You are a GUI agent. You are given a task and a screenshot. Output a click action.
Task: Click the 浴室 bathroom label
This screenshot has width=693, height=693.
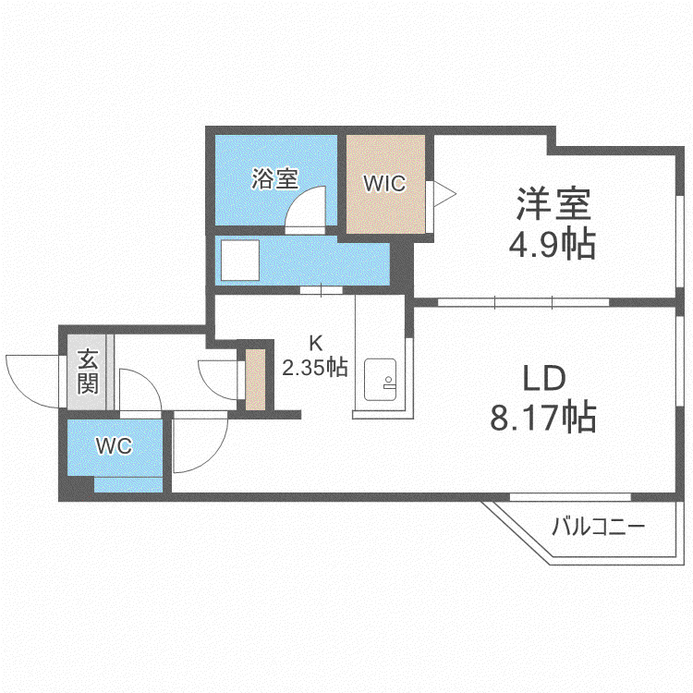point(275,179)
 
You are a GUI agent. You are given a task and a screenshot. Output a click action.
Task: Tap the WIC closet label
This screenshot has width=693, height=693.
point(384,184)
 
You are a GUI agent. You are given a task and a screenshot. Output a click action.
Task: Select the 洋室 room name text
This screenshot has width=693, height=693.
point(553,204)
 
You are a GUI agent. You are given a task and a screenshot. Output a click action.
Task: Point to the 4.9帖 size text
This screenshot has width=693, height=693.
point(553,244)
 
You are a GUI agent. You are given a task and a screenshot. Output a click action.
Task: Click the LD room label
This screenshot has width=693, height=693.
point(544,378)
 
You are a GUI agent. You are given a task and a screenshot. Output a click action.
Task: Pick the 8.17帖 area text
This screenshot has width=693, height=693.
point(543,417)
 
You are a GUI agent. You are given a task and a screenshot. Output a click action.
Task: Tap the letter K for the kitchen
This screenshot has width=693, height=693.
point(315,343)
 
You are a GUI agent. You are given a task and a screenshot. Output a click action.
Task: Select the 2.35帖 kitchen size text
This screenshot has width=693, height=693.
point(315,367)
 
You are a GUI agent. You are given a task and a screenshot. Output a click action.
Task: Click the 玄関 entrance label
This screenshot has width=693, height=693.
point(88,371)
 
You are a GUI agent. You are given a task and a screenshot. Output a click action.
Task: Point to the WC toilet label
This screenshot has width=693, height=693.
point(114,446)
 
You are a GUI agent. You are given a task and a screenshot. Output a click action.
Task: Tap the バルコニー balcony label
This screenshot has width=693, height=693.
point(599,527)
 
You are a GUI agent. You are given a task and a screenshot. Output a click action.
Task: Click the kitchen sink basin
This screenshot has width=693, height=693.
point(380,380)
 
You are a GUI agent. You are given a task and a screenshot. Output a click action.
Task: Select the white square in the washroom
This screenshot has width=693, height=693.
point(240,261)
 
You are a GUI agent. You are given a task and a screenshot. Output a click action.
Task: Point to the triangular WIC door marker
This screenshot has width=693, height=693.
point(444,193)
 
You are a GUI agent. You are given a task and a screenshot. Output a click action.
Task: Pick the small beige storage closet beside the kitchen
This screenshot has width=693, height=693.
point(255,379)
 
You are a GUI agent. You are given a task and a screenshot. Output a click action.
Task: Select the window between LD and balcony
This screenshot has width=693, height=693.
point(570,497)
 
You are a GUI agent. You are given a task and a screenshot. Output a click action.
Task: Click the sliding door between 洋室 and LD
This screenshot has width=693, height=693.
point(524,302)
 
